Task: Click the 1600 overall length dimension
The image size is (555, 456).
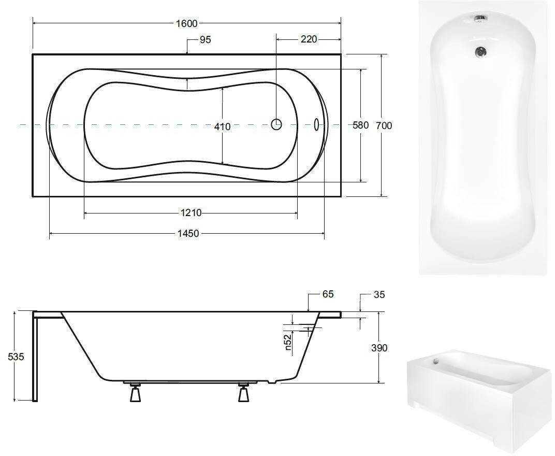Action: point(186,23)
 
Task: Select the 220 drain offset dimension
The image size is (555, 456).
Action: point(309,39)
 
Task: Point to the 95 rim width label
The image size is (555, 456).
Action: point(206,40)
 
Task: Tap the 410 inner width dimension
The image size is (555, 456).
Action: point(222,126)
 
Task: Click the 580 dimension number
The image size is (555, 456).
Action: point(361,125)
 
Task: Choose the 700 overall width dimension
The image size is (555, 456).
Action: point(384,125)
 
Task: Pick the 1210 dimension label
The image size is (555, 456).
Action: point(191,212)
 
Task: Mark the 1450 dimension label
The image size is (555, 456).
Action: point(188,234)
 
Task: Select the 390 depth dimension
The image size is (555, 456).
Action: point(379,348)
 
